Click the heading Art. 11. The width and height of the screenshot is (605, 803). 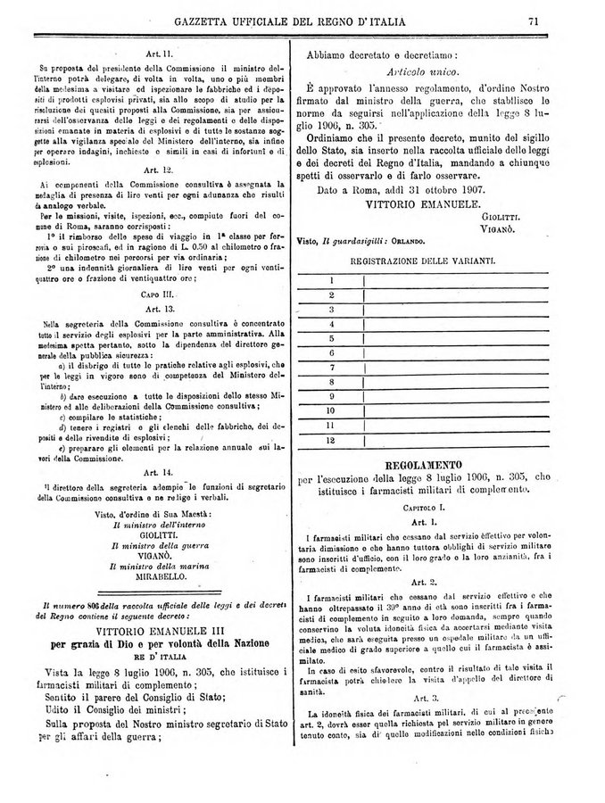(158, 54)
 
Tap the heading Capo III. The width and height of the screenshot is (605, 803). (158, 293)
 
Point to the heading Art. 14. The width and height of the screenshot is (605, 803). (158, 472)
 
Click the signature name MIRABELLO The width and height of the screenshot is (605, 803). (158, 578)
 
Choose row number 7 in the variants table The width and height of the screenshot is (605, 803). (330, 368)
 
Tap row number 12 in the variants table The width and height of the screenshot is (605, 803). (330, 440)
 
